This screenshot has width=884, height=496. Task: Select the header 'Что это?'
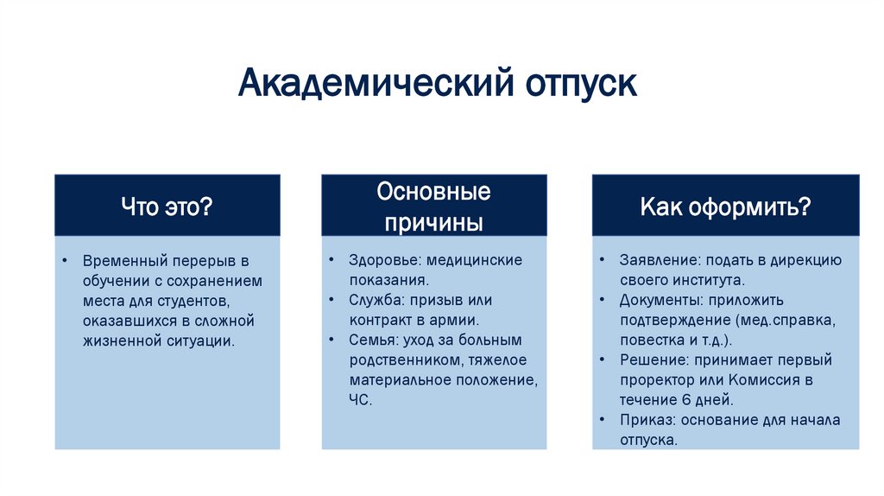pyautogui.click(x=167, y=207)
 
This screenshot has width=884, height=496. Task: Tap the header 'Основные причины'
pyautogui.click(x=433, y=207)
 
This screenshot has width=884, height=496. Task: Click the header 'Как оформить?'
pyautogui.click(x=725, y=207)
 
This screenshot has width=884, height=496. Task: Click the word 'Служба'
pyautogui.click(x=372, y=300)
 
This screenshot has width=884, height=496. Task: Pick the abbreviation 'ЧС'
pyautogui.click(x=360, y=400)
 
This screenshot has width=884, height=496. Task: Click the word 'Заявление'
pyautogui.click(x=655, y=260)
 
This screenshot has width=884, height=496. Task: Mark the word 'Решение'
pyautogui.click(x=648, y=360)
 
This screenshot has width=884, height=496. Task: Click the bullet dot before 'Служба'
pyautogui.click(x=332, y=300)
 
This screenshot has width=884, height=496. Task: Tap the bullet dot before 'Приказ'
pyautogui.click(x=601, y=420)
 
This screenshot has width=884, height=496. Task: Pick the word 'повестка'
pyautogui.click(x=649, y=340)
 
